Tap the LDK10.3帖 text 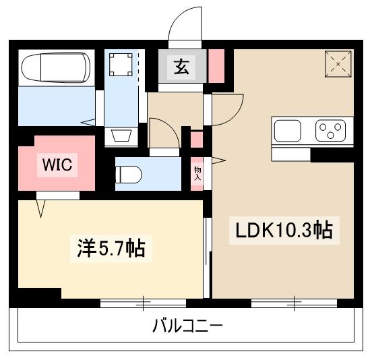[x=282, y=231]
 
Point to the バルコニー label [x=187, y=327]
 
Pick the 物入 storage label [x=198, y=173]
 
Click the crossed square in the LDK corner [x=338, y=64]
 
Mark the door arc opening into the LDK [x=229, y=108]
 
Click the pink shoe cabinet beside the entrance [x=217, y=65]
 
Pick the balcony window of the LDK [x=294, y=303]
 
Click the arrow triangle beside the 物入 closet [x=218, y=160]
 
